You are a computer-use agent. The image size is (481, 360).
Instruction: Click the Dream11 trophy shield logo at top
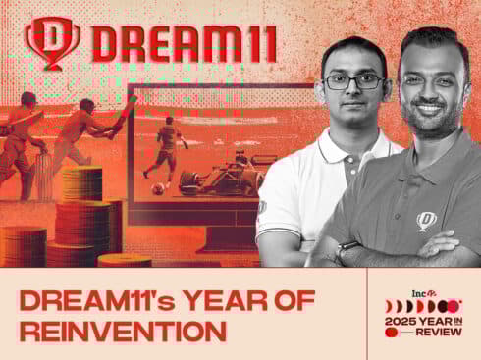[x=53, y=40]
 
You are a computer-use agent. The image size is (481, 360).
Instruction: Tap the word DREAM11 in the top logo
[x=183, y=43]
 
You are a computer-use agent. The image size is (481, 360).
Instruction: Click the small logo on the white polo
[x=263, y=207]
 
